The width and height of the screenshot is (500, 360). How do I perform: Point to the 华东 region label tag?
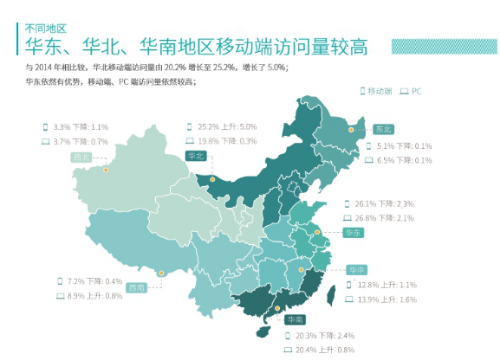(353, 231)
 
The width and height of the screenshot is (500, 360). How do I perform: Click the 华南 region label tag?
(295, 320)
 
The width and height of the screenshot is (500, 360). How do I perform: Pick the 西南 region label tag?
(136, 287)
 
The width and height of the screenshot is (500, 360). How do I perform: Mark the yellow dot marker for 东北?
(351, 129)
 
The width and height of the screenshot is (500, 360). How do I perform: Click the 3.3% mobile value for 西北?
(61, 127)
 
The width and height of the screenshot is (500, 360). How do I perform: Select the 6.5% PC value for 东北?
(391, 160)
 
